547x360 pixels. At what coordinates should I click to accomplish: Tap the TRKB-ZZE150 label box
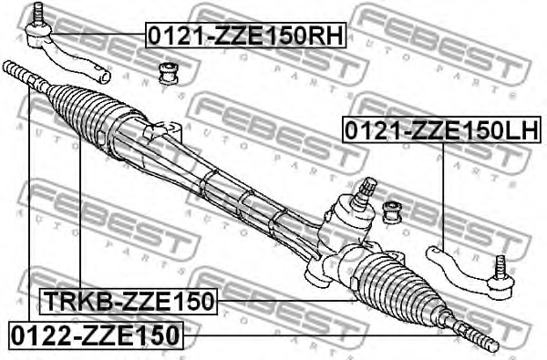pos(128,300)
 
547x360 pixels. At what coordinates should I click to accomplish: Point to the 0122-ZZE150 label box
pos(96,334)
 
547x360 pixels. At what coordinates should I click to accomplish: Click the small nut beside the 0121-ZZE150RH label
pos(168,71)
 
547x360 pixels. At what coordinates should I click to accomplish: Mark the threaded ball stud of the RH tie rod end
pos(37,15)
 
